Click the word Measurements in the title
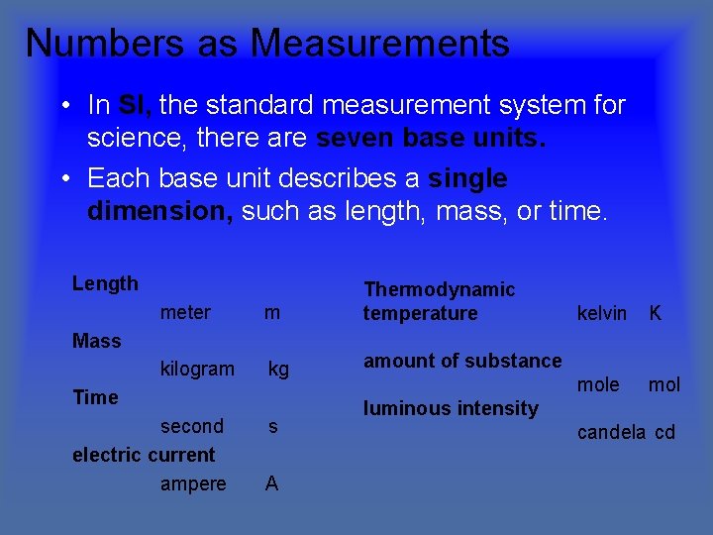click(380, 44)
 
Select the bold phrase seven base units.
click(430, 139)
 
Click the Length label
click(105, 284)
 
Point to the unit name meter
click(185, 313)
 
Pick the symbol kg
click(279, 370)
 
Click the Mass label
click(97, 342)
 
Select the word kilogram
click(197, 370)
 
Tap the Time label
click(95, 398)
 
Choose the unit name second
click(192, 427)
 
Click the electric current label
click(144, 456)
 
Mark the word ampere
click(193, 484)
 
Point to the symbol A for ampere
click(271, 484)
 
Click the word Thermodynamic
click(440, 289)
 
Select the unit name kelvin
click(602, 314)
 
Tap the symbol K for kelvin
click(655, 314)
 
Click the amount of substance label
click(462, 362)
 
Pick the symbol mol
click(664, 385)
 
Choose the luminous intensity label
click(451, 408)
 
